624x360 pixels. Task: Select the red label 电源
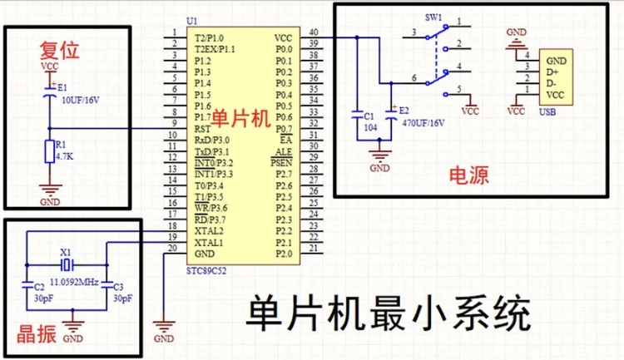pos(468,175)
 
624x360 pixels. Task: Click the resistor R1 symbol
pos(49,152)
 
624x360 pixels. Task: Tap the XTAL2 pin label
pos(210,229)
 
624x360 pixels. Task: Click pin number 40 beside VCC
pos(313,33)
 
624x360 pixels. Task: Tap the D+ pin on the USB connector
pos(557,72)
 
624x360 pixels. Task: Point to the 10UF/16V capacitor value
pos(81,99)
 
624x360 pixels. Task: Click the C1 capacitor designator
pos(369,117)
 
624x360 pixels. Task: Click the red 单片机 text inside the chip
pos(241,118)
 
